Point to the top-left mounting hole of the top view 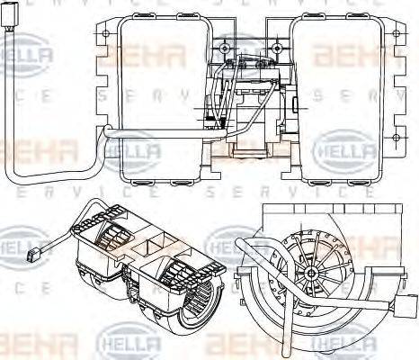[107, 34]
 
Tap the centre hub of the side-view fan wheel [309, 271]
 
